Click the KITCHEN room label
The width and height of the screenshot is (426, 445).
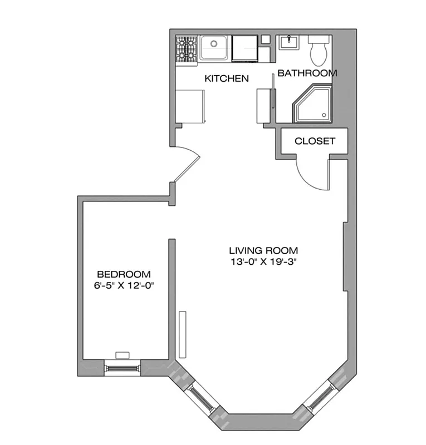point(226,78)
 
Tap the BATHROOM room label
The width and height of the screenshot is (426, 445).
point(307,73)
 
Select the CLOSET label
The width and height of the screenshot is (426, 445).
point(315,141)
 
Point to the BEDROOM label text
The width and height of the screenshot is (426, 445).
point(124,274)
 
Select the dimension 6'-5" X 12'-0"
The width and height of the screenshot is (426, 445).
point(124,286)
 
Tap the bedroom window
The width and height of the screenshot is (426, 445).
point(123,368)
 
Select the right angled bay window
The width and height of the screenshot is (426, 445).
point(319,399)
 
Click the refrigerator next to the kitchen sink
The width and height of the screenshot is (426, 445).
point(244,47)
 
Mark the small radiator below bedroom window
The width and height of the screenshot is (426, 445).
point(122,354)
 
